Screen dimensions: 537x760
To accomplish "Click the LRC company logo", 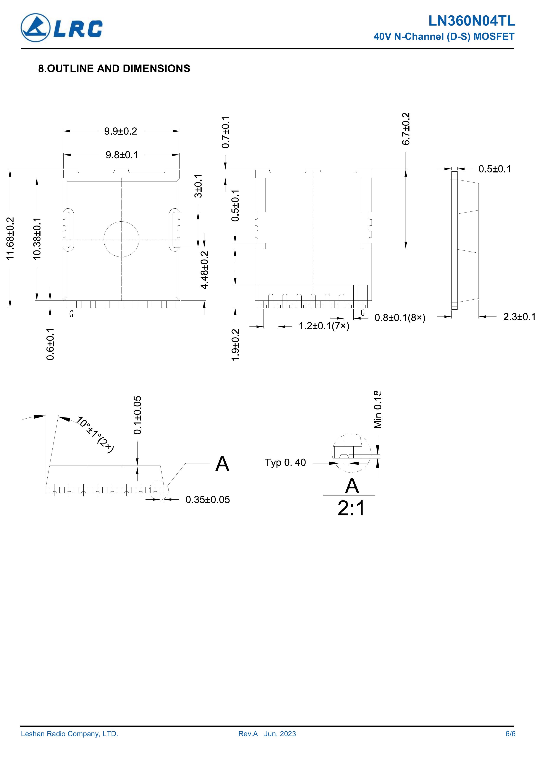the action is point(61,28).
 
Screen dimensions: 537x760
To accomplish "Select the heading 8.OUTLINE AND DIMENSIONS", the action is point(114,68).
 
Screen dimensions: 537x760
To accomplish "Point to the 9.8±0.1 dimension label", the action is point(122,155).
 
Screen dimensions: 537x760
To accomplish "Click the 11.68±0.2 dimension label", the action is point(11,238).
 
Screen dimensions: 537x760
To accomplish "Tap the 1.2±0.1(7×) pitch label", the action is point(324,326).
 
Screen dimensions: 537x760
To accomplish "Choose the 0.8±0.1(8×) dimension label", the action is point(400,318).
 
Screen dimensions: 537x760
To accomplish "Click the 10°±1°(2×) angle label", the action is point(95,435).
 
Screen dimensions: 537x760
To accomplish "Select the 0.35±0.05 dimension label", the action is point(207,500).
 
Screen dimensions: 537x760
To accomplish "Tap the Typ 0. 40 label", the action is point(285,462).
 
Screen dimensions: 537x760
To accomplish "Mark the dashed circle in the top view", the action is point(121,221).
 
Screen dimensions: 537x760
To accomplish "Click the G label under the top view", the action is point(71,314).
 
